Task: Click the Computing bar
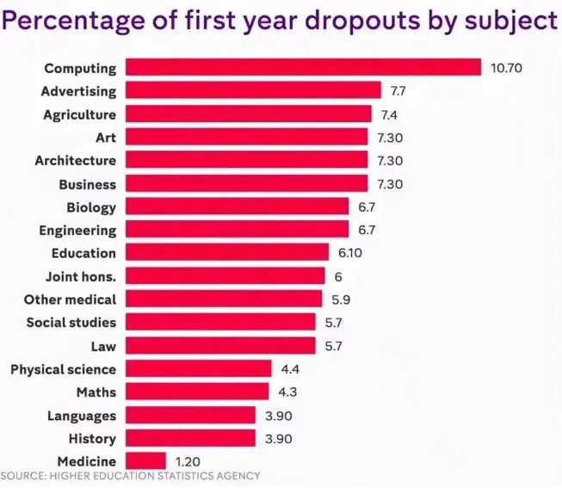click(303, 67)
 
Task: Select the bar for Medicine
click(145, 460)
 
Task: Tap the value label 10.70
click(507, 67)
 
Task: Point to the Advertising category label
click(78, 90)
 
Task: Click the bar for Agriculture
click(249, 114)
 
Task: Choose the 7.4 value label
click(390, 114)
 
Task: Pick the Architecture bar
click(247, 160)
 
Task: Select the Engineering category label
click(77, 231)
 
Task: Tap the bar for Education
click(227, 253)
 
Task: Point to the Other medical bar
click(223, 300)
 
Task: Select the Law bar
click(221, 346)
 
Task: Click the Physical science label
click(63, 369)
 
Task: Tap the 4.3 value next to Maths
click(288, 392)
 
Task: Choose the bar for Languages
click(191, 415)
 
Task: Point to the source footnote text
click(130, 476)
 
